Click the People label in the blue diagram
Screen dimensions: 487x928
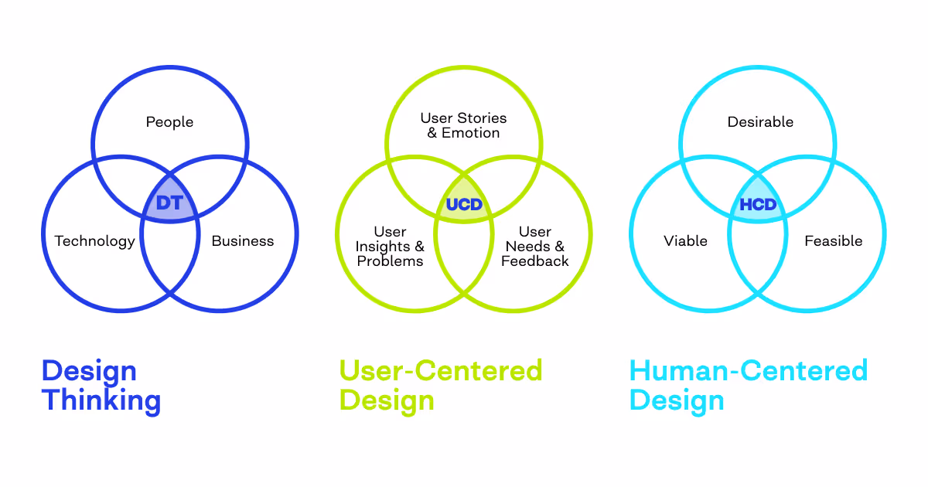click(x=169, y=122)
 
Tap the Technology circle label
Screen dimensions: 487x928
click(x=94, y=241)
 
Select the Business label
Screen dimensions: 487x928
click(x=243, y=241)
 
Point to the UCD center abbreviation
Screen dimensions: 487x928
click(x=464, y=206)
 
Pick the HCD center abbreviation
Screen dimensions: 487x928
click(x=758, y=206)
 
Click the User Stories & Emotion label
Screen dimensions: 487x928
click(x=463, y=125)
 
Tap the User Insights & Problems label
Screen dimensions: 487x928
click(x=390, y=247)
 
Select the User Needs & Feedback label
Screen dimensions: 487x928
click(x=535, y=247)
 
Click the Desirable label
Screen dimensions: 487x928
click(x=760, y=122)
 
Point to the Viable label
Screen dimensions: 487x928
click(x=685, y=241)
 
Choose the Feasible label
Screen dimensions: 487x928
click(x=833, y=241)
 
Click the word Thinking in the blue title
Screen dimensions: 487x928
click(x=101, y=400)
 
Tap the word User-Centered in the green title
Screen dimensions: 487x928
click(x=441, y=370)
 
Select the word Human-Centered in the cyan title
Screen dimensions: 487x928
click(x=749, y=370)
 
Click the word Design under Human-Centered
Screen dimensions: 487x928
click(x=677, y=400)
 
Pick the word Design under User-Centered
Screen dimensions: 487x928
click(x=387, y=400)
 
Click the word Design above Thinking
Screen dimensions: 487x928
click(x=89, y=370)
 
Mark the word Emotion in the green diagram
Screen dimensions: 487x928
click(x=470, y=133)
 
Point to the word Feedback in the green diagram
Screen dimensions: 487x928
click(x=535, y=261)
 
